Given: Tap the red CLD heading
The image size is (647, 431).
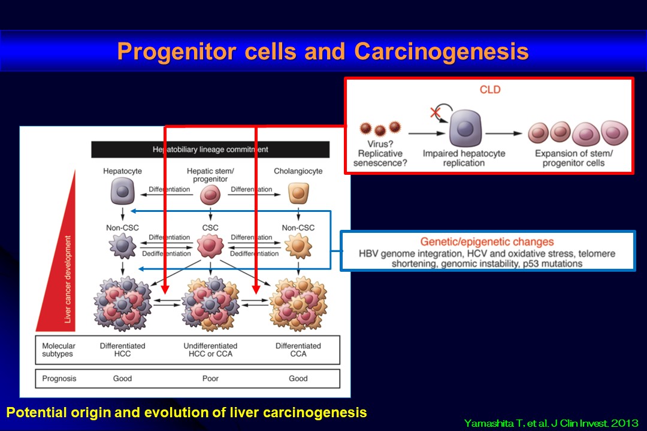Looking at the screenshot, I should click(x=489, y=90).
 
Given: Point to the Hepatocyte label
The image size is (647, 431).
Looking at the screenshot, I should click(x=122, y=171).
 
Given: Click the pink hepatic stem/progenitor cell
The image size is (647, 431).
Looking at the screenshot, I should click(x=210, y=195).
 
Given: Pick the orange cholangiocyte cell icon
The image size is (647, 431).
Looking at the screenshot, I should click(x=298, y=193).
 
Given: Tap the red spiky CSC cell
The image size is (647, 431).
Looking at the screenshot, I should click(x=210, y=245).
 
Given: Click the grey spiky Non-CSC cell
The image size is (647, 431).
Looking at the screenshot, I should click(x=122, y=245).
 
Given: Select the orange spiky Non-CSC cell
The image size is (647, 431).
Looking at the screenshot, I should click(x=298, y=245).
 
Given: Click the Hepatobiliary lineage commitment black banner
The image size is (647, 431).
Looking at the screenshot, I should click(x=210, y=149).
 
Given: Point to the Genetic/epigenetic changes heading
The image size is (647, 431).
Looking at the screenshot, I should click(x=487, y=242).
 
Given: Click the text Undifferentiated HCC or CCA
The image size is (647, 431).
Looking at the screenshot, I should click(x=210, y=350).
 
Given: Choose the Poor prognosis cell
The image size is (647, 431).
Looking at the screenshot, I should click(x=210, y=378).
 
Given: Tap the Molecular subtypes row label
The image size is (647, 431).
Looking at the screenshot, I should click(x=59, y=350).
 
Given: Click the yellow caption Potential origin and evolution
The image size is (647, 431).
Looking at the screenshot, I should click(x=186, y=412).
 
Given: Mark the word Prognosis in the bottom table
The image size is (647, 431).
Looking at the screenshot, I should click(x=59, y=378).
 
